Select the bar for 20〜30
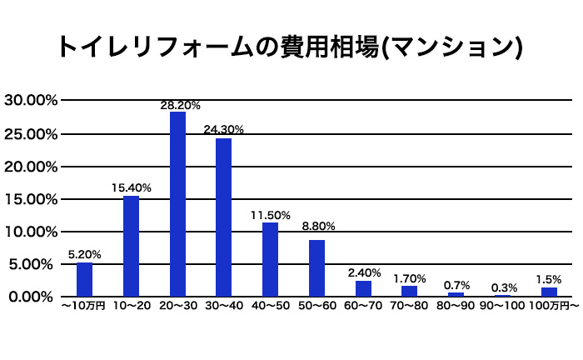pos(177,203)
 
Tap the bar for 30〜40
pos(223,217)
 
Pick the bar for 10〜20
pos(131,246)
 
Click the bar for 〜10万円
pos(84,279)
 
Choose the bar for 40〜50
pos(270,259)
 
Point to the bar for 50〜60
pos(316,267)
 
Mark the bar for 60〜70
pos(363,288)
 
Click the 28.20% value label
pos(181,106)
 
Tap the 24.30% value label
pos(223,130)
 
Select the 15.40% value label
pos(132,188)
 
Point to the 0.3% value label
pos(504,287)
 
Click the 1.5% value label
pos(550,279)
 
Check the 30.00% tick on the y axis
pos(30,101)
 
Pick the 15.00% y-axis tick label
pos(30,199)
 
